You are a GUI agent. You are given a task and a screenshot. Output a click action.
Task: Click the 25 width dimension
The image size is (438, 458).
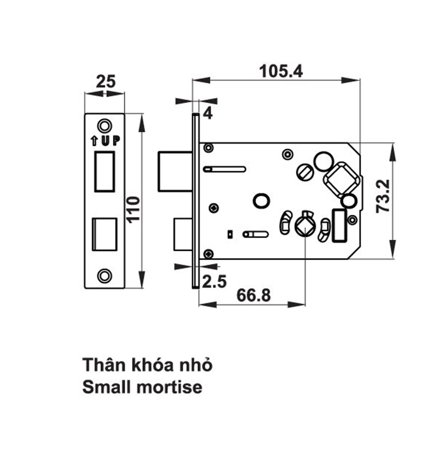(x=105, y=82)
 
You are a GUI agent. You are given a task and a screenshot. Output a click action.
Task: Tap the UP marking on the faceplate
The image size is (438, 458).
(x=106, y=140)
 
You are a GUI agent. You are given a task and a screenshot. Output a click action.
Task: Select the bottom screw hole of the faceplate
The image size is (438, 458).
(x=104, y=276)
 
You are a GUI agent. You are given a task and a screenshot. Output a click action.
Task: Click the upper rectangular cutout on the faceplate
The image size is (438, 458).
(x=105, y=172)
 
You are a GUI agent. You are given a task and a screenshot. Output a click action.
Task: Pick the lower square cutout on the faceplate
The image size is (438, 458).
(x=105, y=234)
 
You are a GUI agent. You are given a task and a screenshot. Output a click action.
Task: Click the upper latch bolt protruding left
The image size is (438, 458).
(x=175, y=171)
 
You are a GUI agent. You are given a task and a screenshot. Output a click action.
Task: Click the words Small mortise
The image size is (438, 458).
(x=142, y=387)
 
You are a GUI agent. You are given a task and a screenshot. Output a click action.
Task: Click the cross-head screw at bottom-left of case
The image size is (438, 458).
(x=209, y=253)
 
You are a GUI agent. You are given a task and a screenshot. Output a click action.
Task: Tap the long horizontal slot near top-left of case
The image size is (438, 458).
(x=224, y=169)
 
